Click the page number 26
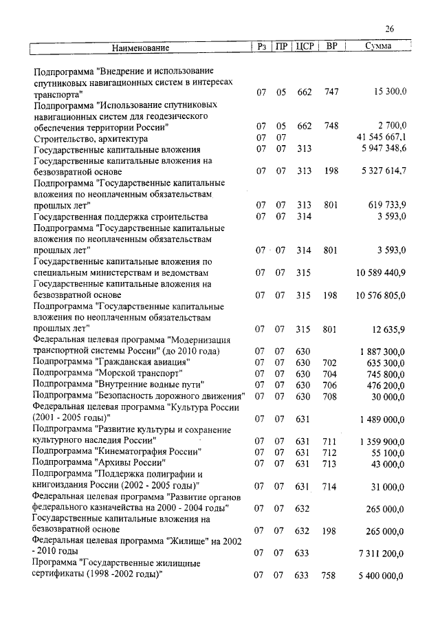(x=389, y=29)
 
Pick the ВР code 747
(x=331, y=92)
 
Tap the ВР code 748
(x=331, y=126)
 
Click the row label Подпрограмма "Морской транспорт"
(x=108, y=373)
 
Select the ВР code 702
(x=331, y=363)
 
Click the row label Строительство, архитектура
(x=90, y=138)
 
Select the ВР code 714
(x=331, y=486)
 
